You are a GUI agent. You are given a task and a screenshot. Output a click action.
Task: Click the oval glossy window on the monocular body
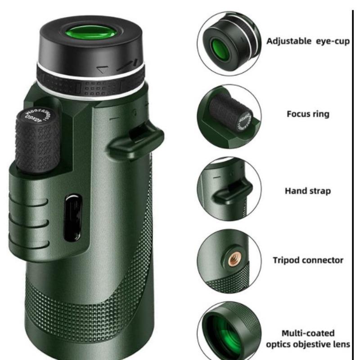(x=72, y=217)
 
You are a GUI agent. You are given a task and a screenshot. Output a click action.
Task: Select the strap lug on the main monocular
(x=135, y=139)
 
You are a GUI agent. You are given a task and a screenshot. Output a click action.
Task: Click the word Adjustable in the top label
(x=288, y=41)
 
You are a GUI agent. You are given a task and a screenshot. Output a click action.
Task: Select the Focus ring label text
(x=308, y=114)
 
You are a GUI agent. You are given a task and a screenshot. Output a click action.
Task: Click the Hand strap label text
(x=307, y=191)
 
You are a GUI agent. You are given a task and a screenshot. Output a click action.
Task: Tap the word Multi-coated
(x=308, y=333)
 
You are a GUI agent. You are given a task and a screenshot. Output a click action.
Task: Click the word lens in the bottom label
(x=341, y=345)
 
